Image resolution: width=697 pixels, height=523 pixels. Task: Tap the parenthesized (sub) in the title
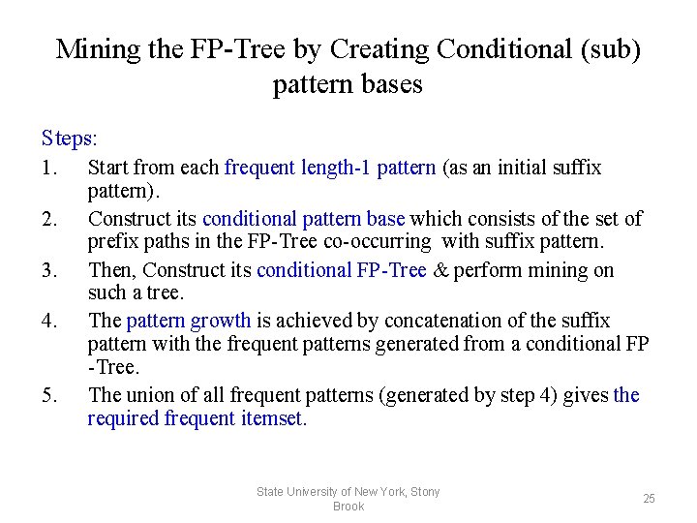[x=608, y=48]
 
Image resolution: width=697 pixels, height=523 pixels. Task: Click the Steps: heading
[x=70, y=138]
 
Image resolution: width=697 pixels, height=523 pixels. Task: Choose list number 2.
[x=51, y=219]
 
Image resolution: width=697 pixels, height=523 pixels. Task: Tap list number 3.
[x=51, y=270]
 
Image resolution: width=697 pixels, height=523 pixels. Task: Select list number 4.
[x=51, y=321]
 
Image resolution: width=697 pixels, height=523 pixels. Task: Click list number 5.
[x=51, y=395]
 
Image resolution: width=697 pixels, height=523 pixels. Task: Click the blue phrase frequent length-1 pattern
[x=330, y=168]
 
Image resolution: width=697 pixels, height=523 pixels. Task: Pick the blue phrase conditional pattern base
[x=304, y=219]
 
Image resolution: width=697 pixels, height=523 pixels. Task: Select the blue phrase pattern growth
[x=189, y=321]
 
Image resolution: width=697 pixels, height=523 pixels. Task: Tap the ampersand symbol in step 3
[x=440, y=270]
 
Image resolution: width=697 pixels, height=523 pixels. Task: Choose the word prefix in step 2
[x=113, y=241]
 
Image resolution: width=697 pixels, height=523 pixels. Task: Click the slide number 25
[x=649, y=499]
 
